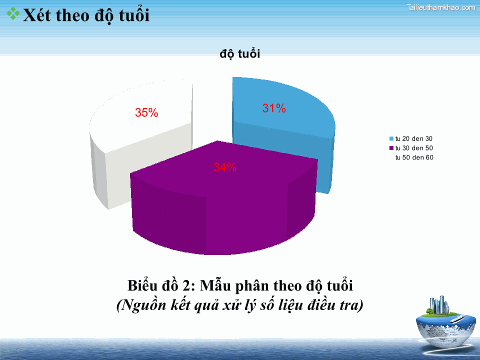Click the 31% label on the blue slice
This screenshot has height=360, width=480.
(274, 108)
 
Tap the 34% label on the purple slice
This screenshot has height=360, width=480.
(225, 167)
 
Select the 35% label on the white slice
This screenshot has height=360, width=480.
(146, 113)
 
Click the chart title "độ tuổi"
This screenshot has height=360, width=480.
(239, 54)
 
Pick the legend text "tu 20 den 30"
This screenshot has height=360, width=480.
(414, 138)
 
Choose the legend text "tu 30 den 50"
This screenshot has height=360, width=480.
(414, 148)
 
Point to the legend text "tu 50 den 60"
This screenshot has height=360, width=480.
(414, 158)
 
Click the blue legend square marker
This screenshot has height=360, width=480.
(391, 138)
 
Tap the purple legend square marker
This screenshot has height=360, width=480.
(391, 148)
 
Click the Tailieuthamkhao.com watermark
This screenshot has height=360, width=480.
(441, 7)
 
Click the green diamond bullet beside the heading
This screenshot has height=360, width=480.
(13, 14)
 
